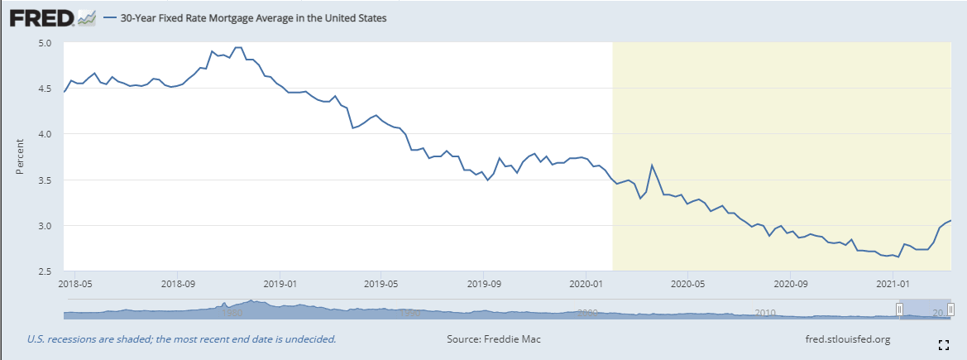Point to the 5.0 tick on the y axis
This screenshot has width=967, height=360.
45,43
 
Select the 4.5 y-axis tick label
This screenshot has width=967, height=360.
45,89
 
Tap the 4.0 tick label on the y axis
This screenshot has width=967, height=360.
45,134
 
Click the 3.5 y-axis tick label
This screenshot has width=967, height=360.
45,180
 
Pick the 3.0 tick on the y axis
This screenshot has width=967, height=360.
45,225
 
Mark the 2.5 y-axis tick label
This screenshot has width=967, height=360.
45,271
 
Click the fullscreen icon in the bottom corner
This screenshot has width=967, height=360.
943,343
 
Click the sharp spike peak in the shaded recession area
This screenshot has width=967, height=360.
652,166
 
